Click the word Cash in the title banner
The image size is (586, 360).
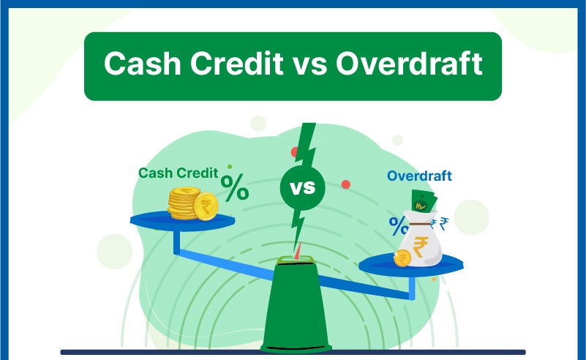[139, 64]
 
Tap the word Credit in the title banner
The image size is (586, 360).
[229, 64]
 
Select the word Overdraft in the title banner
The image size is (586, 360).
[409, 64]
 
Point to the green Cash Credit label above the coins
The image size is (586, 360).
[179, 173]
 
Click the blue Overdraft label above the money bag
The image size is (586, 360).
[419, 176]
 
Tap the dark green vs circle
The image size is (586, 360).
[301, 188]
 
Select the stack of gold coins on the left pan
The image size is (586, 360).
[184, 203]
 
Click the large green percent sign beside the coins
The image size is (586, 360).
[235, 187]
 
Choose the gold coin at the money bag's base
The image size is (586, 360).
[402, 258]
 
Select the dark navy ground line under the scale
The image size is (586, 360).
[293, 352]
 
